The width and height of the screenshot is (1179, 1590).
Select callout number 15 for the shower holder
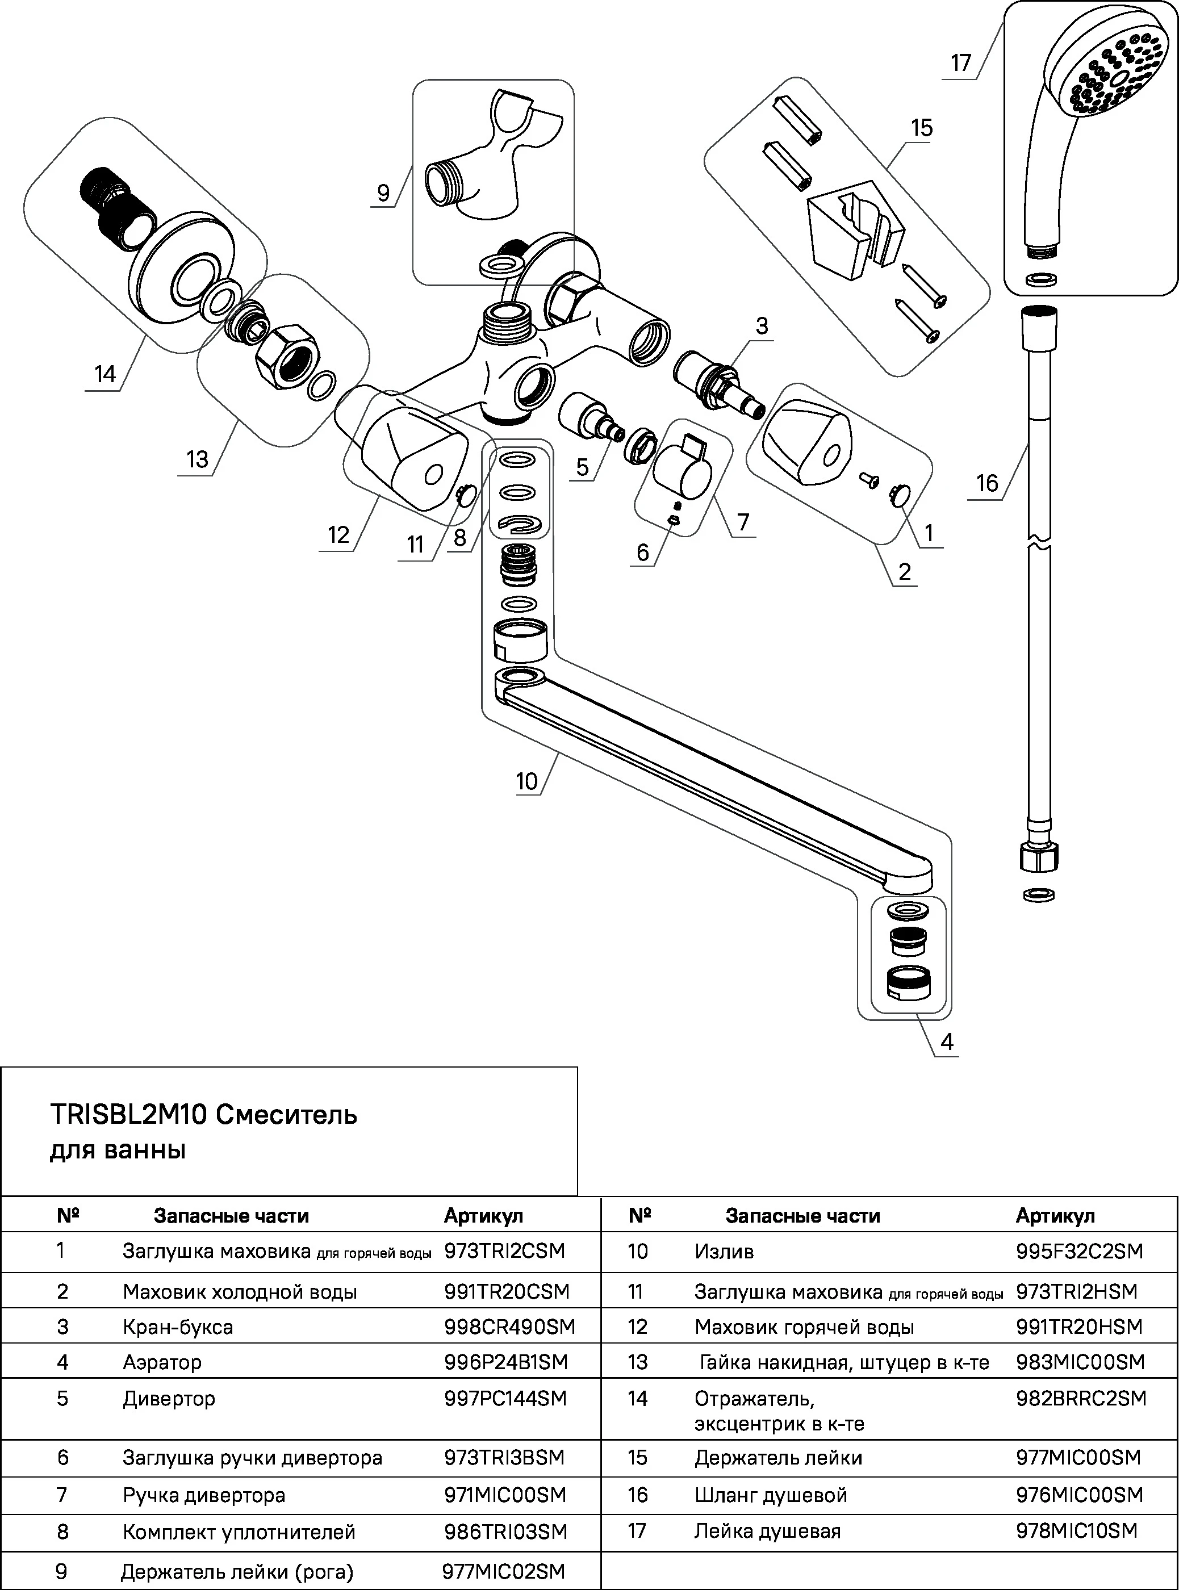point(921,128)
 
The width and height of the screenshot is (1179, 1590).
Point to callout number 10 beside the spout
point(526,781)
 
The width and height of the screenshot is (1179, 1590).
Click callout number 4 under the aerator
point(946,1043)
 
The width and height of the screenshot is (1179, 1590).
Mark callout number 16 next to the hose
point(987,484)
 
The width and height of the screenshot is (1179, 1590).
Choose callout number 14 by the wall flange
point(105,375)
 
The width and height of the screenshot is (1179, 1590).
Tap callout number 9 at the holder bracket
point(383,194)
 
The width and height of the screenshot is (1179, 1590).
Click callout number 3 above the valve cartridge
point(762,326)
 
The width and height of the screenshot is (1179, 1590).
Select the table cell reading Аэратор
point(162,1362)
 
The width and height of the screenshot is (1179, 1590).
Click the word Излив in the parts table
point(724,1252)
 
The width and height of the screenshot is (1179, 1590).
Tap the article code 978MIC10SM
point(1076,1531)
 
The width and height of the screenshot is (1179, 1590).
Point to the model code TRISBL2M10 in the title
point(128,1114)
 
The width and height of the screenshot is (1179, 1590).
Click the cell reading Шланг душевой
point(771,1495)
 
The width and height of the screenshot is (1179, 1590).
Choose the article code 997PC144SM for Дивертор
point(504,1399)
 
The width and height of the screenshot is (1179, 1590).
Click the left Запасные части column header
point(231,1216)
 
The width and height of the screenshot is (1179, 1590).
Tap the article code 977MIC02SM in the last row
point(503,1571)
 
